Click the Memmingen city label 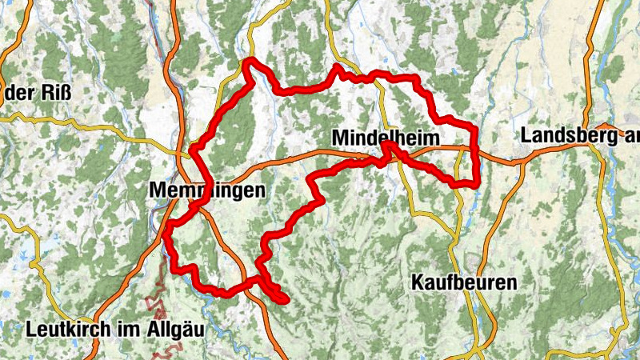(x=206, y=190)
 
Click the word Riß (x=56, y=93)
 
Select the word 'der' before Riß (x=22, y=93)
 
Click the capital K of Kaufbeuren (x=417, y=282)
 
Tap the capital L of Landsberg (x=526, y=136)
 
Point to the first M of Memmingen (x=157, y=190)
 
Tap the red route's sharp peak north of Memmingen (x=250, y=62)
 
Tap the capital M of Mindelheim (x=339, y=138)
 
